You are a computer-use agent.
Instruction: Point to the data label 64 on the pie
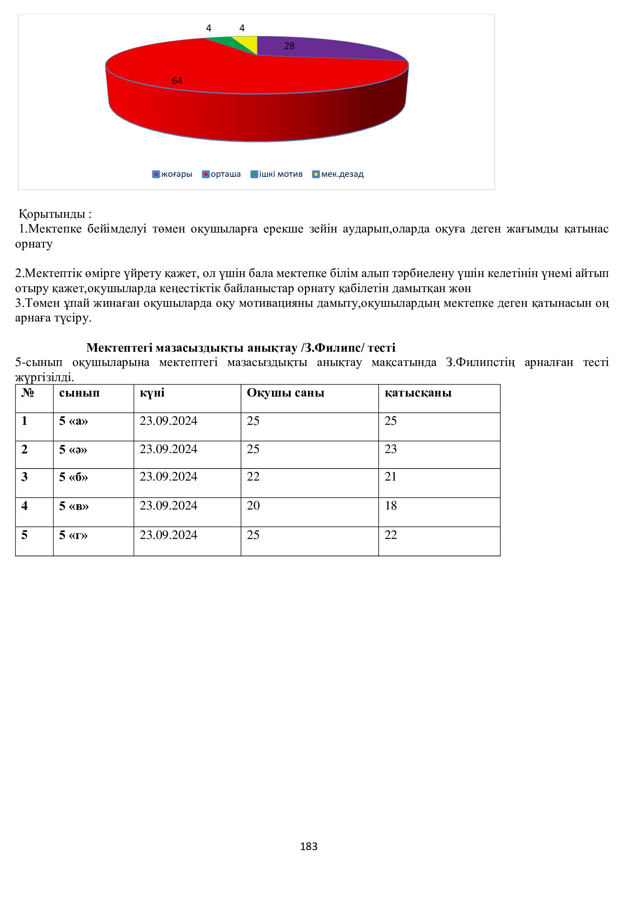point(177,81)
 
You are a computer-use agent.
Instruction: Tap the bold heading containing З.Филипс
point(241,348)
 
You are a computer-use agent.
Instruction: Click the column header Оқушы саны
point(285,393)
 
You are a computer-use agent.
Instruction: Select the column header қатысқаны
point(418,393)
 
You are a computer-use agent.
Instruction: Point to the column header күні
point(152,393)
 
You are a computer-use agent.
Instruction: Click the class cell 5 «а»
point(73,421)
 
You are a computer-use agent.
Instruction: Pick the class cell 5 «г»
point(73,535)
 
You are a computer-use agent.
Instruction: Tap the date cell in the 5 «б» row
point(168,477)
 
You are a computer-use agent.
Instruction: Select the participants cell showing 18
point(390,506)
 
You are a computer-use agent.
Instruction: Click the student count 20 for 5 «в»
point(253,506)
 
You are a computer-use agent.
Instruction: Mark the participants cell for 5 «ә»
point(390,449)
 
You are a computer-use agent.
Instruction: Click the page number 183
point(308,847)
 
